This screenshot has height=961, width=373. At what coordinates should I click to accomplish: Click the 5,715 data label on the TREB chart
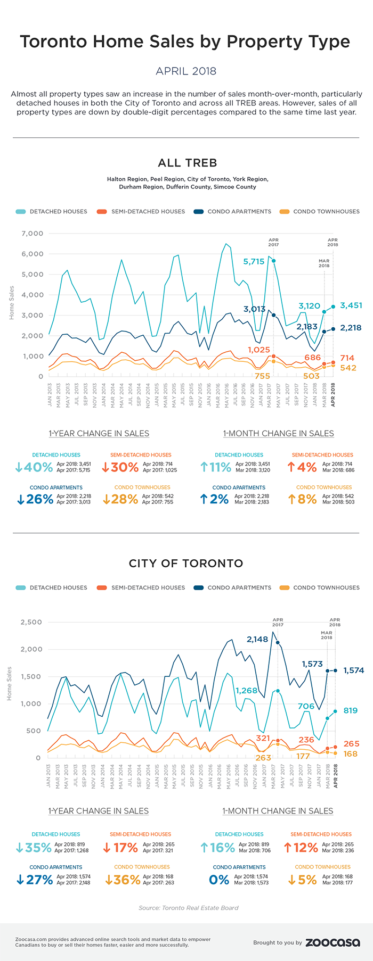[254, 261]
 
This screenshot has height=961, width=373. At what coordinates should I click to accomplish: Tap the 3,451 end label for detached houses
[351, 305]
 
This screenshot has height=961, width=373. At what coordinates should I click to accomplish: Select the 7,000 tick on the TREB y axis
[33, 234]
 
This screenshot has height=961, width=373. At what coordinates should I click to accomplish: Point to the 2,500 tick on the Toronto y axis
[31, 622]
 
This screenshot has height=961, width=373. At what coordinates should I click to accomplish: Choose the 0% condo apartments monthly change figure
[219, 880]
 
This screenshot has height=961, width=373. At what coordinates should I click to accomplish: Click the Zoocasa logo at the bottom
[333, 942]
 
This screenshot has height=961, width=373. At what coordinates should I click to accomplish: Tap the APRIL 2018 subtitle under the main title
[186, 71]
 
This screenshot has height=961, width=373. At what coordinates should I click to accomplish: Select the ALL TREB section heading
[187, 163]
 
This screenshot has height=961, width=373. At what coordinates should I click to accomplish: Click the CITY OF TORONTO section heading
[186, 563]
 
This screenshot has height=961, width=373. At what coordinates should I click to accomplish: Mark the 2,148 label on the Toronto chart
[257, 639]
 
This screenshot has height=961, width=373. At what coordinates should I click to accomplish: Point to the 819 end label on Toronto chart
[350, 710]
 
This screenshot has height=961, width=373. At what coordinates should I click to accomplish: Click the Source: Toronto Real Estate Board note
[188, 908]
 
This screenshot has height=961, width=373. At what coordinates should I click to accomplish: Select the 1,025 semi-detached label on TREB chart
[259, 350]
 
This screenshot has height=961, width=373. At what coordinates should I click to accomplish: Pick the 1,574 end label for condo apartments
[353, 670]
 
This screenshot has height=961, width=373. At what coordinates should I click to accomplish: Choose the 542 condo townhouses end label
[348, 368]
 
